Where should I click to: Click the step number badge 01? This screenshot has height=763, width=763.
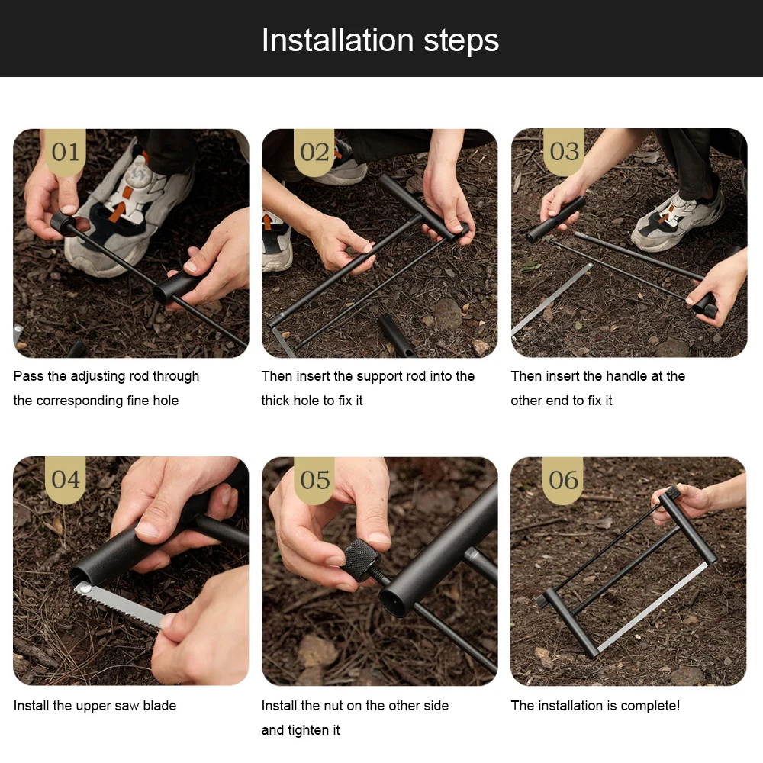66,152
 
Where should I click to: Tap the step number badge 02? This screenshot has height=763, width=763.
314,152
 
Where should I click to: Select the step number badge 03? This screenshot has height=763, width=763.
564,151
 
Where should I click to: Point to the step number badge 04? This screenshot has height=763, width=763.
65,479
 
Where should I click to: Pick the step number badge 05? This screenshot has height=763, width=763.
314,480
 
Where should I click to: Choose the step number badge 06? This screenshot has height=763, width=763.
563,480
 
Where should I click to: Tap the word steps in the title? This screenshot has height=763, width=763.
462,41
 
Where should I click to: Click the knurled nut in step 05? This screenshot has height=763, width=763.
361,560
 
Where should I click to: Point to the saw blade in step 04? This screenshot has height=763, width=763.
120,607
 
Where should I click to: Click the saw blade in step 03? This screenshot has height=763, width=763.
552,299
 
